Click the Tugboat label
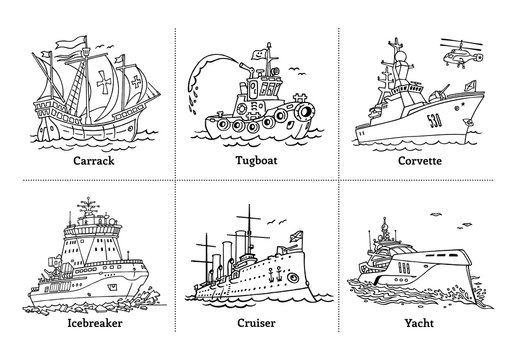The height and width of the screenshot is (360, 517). [x=258, y=158]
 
